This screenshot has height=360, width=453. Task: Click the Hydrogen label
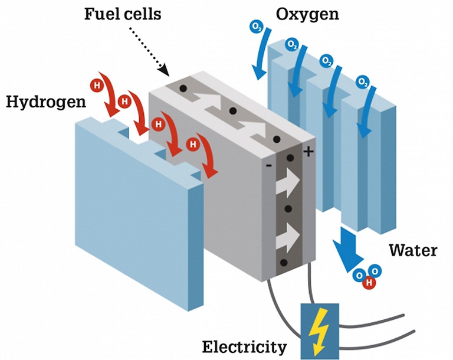point(45,102)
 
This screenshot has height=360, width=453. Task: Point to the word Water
point(412,250)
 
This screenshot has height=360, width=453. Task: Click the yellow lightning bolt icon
point(319,330)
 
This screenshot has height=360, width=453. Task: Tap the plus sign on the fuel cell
point(307,152)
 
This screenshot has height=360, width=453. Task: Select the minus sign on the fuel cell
point(269,165)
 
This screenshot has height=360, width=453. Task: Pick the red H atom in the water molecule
point(370,282)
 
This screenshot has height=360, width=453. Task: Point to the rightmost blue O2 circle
point(360,82)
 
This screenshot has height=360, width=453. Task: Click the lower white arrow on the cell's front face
point(288,237)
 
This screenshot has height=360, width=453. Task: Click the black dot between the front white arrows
point(288,210)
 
